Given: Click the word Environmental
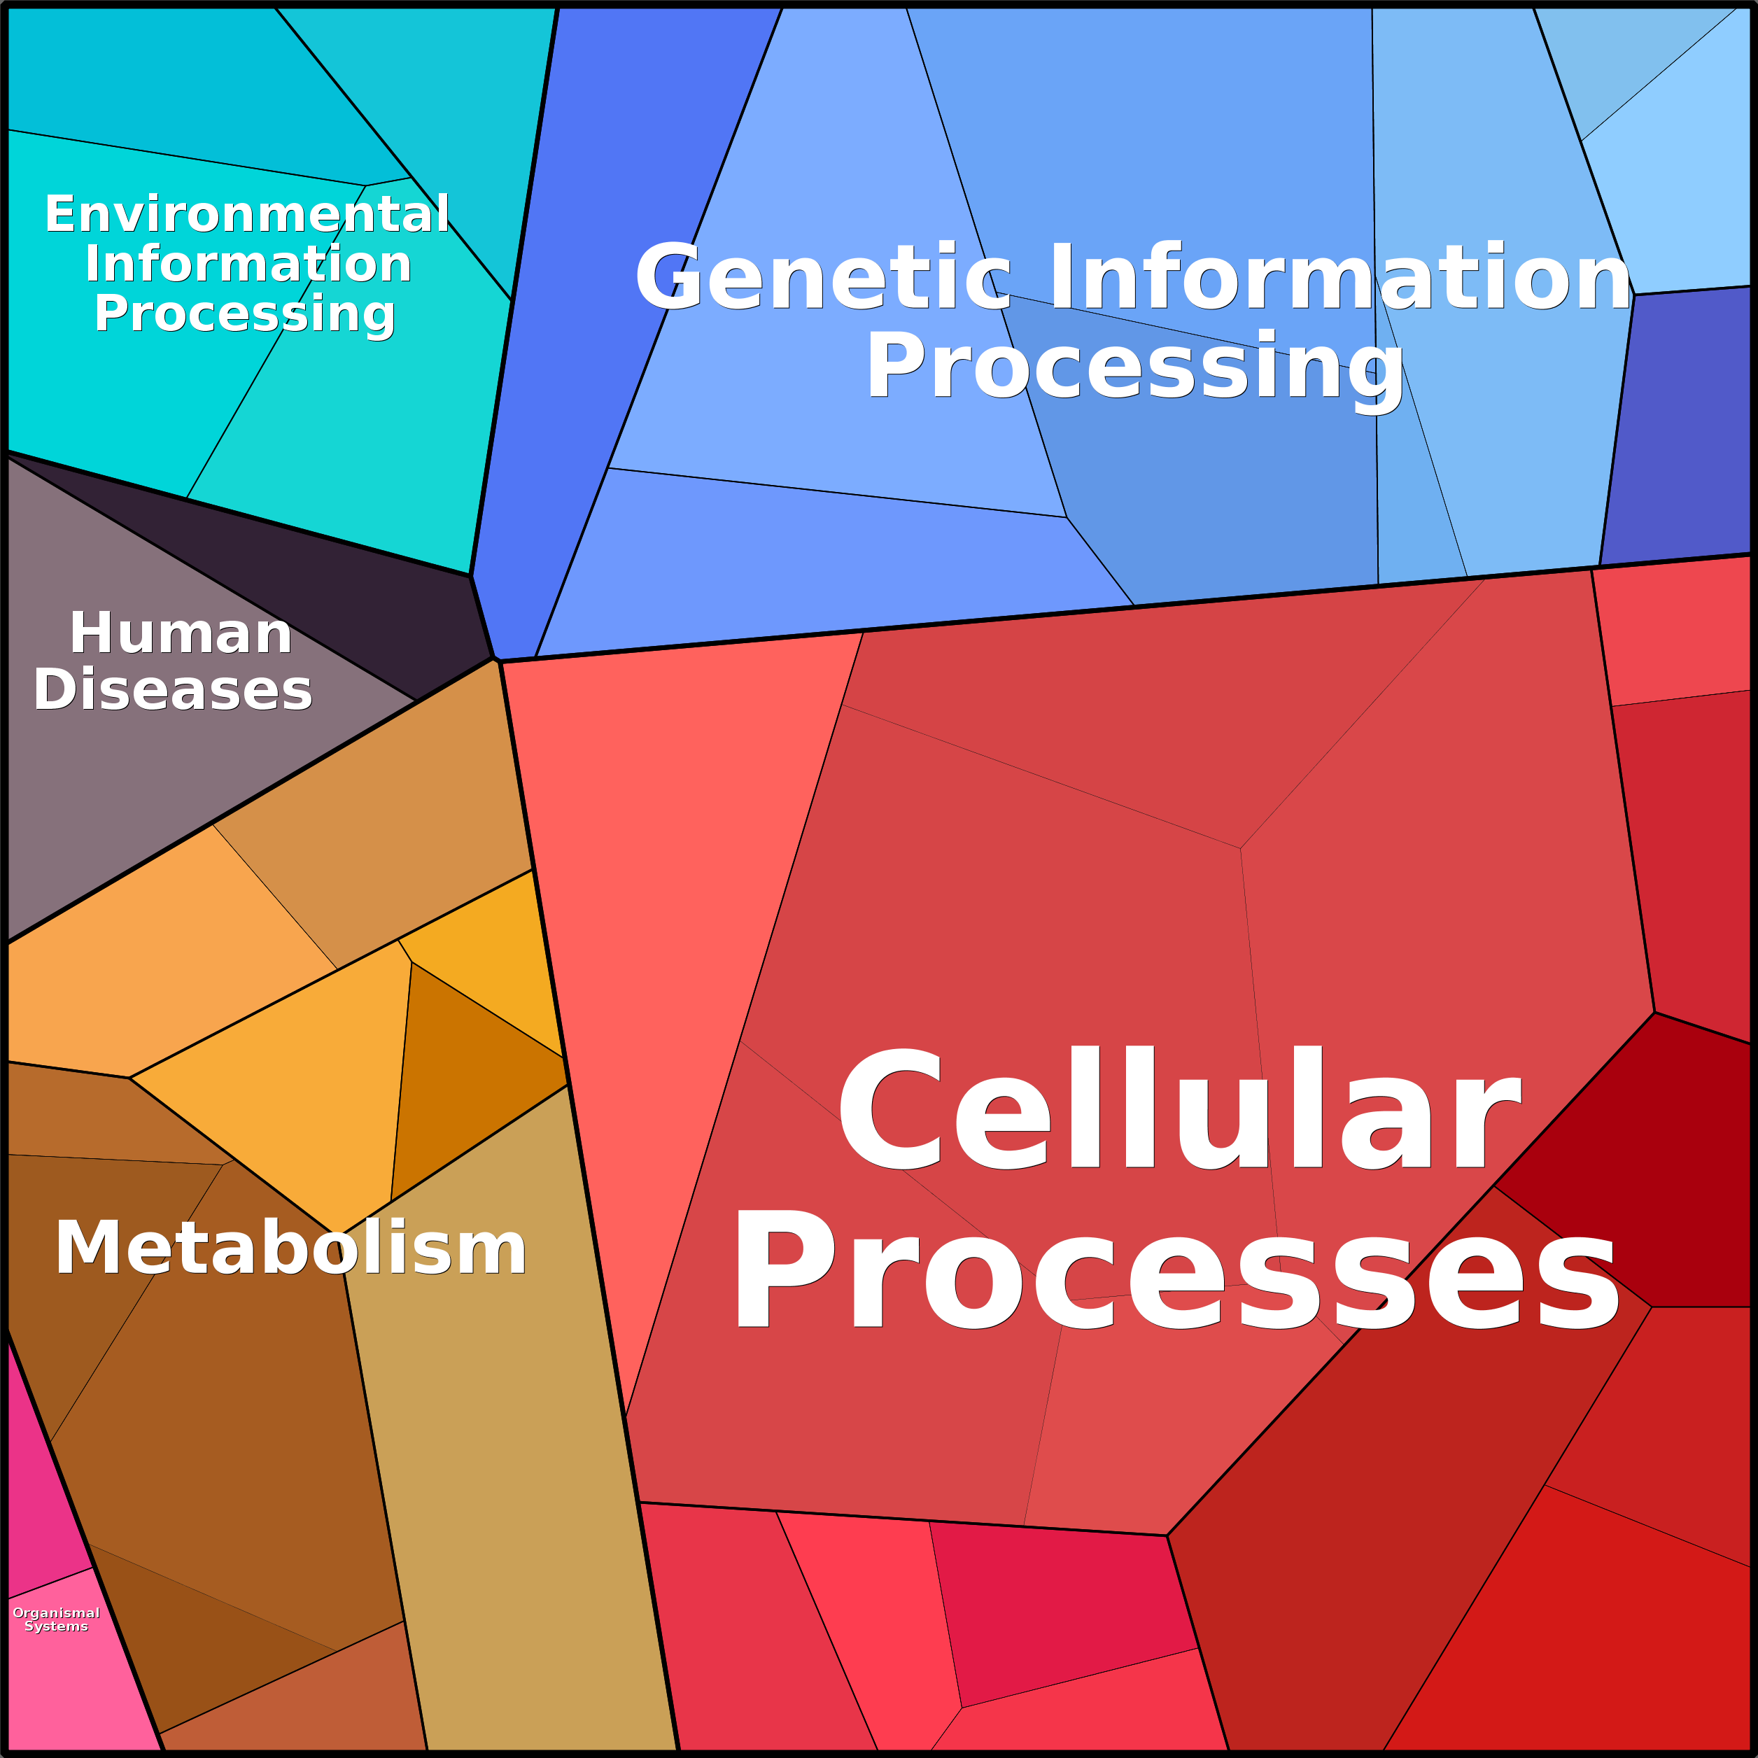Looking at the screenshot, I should click(248, 215).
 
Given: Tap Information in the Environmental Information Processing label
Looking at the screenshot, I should click(248, 265).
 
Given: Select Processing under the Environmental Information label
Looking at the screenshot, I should click(245, 314).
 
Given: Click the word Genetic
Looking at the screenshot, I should click(824, 279).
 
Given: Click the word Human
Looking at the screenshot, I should click(180, 633).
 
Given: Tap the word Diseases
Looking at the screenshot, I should click(173, 690).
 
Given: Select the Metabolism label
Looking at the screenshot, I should click(290, 1249).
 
